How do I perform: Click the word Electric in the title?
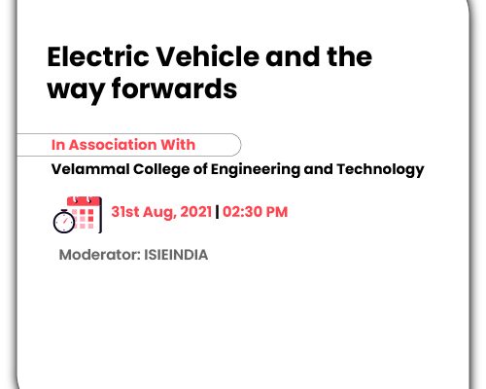pyautogui.click(x=98, y=56)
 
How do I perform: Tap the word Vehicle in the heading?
pyautogui.click(x=208, y=56)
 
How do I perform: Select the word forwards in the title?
pyautogui.click(x=174, y=88)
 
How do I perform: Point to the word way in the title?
pyautogui.click(x=76, y=92)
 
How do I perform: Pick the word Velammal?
pyautogui.click(x=90, y=169)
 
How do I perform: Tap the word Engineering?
pyautogui.click(x=256, y=170)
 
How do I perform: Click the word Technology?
pyautogui.click(x=380, y=170)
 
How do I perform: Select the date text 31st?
pyautogui.click(x=125, y=212)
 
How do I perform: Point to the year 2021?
pyautogui.click(x=196, y=212)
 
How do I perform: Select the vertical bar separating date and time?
pyautogui.click(x=217, y=212)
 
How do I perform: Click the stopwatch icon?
pyautogui.click(x=64, y=222)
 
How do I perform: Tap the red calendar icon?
pyautogui.click(x=85, y=214)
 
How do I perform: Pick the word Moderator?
pyautogui.click(x=99, y=255)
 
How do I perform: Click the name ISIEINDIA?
pyautogui.click(x=176, y=255)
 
